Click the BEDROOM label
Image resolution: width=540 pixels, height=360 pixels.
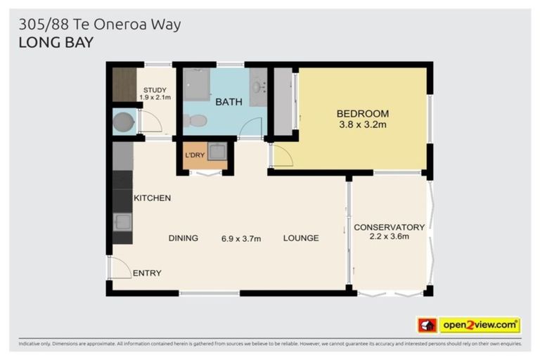point(362,113)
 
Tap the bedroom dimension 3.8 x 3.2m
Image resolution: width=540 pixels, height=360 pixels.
point(362,124)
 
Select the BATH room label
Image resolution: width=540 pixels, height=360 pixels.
point(229,102)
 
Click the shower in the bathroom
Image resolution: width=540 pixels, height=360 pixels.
point(197,85)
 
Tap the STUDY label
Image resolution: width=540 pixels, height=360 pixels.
point(155,90)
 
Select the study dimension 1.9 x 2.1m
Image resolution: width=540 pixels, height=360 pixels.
point(155,98)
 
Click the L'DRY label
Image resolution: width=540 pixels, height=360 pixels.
point(194,155)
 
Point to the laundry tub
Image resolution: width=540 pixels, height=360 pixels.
point(217,151)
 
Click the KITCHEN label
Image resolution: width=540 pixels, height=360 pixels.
point(152,198)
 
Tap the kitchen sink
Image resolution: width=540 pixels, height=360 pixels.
point(122,222)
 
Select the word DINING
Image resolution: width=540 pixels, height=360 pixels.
point(183,238)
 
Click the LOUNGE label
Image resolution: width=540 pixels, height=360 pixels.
point(301,238)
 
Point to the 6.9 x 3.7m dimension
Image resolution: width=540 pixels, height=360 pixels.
point(241,238)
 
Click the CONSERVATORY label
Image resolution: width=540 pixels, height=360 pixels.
point(389,227)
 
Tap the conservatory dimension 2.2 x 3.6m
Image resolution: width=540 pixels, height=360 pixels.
point(389,236)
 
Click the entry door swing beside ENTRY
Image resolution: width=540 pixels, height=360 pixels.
point(120,267)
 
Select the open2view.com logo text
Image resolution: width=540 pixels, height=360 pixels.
point(479,325)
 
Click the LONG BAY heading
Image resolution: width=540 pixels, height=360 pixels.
point(56,42)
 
